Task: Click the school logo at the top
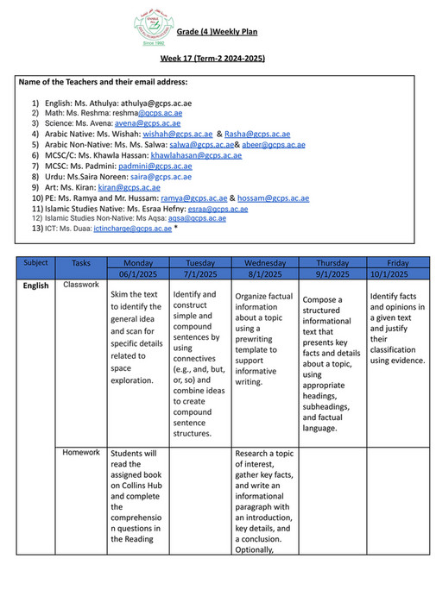151,31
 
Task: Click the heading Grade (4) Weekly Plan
218,32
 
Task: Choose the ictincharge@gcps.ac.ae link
134,229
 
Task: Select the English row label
36,285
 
